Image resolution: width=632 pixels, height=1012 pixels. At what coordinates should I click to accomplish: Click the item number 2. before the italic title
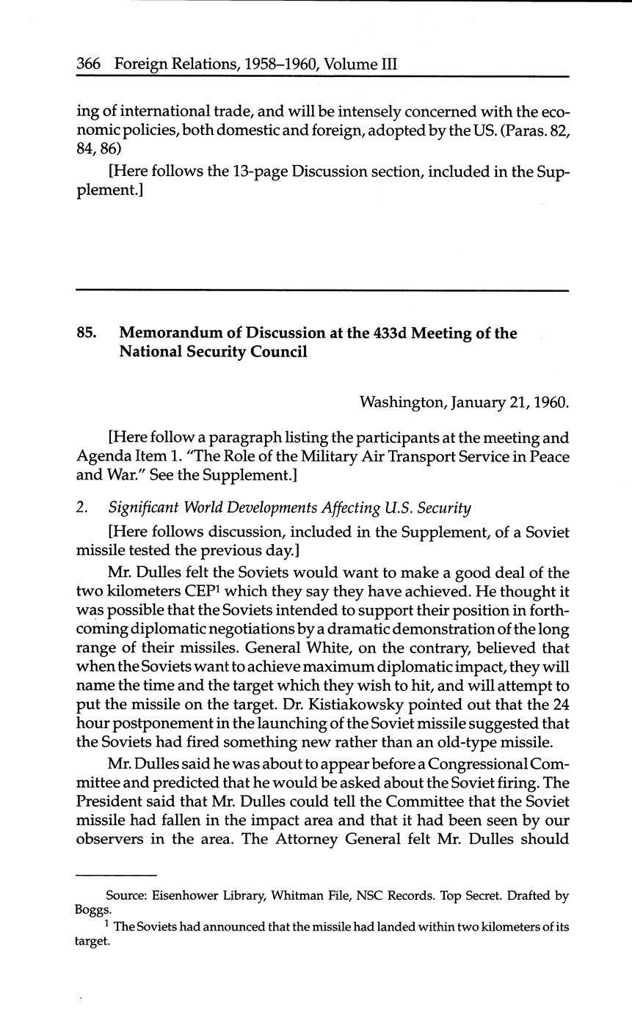click(x=81, y=507)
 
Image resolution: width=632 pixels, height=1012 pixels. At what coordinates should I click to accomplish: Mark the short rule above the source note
click(x=117, y=875)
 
